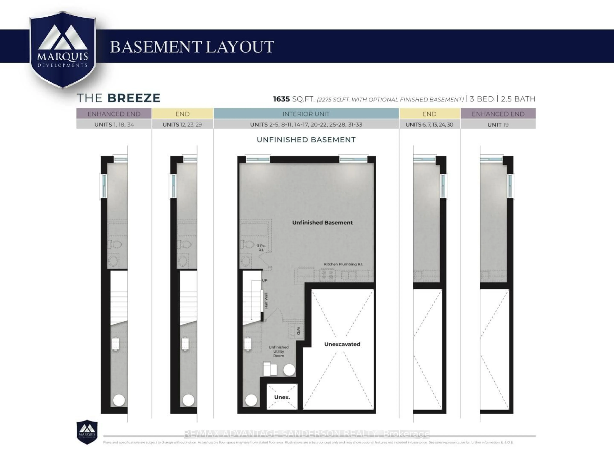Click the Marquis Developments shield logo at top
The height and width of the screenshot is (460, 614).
point(63,50)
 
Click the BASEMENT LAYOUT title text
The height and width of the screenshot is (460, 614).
point(192,47)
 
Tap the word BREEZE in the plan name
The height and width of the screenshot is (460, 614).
point(134,98)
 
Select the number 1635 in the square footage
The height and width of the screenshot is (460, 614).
point(281,99)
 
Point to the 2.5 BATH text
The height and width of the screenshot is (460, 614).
point(518,99)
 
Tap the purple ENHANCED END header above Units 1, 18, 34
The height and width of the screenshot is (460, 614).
point(114,114)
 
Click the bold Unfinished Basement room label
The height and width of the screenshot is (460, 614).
point(322,222)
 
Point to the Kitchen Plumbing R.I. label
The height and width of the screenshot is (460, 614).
point(343,264)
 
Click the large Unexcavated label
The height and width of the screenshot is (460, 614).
point(342,344)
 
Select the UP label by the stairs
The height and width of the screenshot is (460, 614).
point(264,280)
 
